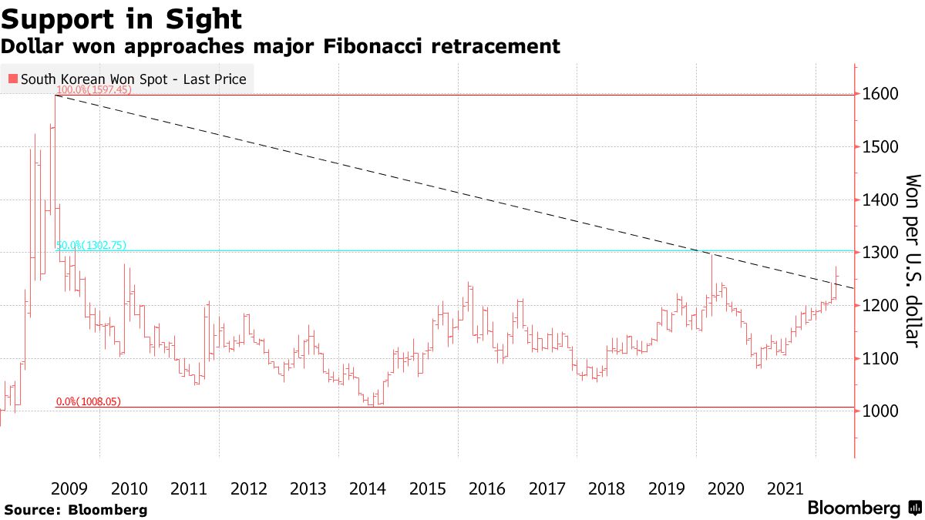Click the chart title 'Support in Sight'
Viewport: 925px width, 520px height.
tap(122, 18)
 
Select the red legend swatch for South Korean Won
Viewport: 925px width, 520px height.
tap(12, 79)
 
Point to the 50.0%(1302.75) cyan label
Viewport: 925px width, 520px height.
tap(91, 246)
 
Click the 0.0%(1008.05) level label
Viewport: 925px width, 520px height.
tap(88, 402)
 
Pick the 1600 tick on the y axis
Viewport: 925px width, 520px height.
tap(880, 94)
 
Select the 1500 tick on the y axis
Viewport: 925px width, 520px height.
tap(880, 147)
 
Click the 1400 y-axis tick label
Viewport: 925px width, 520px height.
tap(880, 200)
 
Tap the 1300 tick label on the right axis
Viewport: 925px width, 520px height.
tap(880, 253)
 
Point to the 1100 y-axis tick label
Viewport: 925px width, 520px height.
tap(880, 359)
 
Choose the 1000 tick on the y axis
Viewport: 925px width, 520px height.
tap(880, 411)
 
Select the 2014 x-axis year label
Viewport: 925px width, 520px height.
tap(368, 488)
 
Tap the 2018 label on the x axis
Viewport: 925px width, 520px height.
tap(606, 488)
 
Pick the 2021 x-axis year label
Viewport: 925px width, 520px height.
tap(785, 488)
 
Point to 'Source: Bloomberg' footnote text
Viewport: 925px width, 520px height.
tap(75, 510)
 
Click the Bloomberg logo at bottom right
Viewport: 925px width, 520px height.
tap(864, 508)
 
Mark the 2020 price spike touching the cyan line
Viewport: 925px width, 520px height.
tap(711, 255)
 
